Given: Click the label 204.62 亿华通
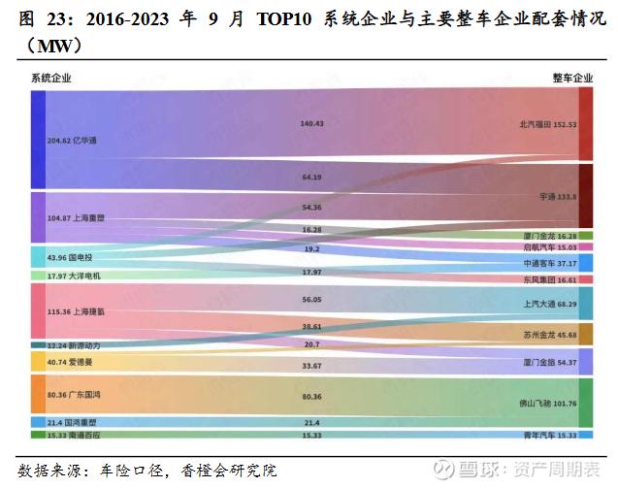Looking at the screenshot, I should (72, 141).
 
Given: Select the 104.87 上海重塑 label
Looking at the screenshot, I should (76, 218).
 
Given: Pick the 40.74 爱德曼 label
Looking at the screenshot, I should (71, 361).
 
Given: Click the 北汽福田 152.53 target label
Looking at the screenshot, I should (547, 124).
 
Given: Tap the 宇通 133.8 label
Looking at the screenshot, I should (558, 196).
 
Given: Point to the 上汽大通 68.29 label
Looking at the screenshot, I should (550, 305).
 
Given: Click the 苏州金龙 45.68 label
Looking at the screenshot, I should (550, 335).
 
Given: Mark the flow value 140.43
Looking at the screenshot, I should (311, 123).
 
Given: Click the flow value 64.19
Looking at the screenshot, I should (311, 178).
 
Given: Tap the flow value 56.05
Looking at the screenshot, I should (311, 301).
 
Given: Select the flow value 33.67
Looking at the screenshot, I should (311, 366).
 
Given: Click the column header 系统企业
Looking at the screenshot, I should (50, 78).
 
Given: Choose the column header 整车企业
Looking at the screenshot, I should (571, 78).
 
